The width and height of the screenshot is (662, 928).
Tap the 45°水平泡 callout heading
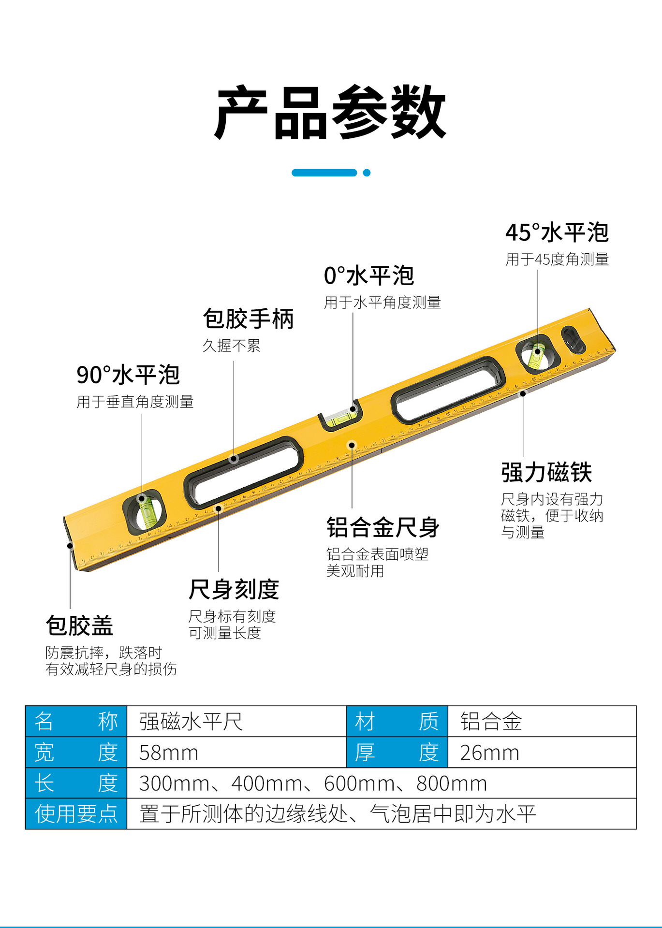(x=557, y=232)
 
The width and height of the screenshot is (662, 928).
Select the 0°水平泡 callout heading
(x=368, y=275)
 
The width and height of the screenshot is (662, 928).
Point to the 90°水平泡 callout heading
(x=128, y=375)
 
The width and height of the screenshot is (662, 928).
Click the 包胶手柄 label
(x=248, y=319)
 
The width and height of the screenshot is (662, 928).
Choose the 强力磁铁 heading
(x=546, y=472)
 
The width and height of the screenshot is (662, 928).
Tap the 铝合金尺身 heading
(x=382, y=527)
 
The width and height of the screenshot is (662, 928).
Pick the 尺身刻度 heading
(x=234, y=589)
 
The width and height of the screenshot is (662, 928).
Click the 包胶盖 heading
(x=79, y=625)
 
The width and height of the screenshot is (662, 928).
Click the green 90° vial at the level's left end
(x=145, y=511)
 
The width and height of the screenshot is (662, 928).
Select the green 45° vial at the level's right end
(x=537, y=355)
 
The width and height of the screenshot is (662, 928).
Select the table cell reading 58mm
(x=169, y=753)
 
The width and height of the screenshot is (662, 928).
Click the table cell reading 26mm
(x=489, y=753)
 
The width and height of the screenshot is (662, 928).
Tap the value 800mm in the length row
(x=452, y=783)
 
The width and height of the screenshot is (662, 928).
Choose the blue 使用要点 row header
(x=76, y=814)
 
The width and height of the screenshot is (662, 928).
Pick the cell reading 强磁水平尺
(x=191, y=722)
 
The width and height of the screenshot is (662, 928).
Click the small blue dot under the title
(x=367, y=173)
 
